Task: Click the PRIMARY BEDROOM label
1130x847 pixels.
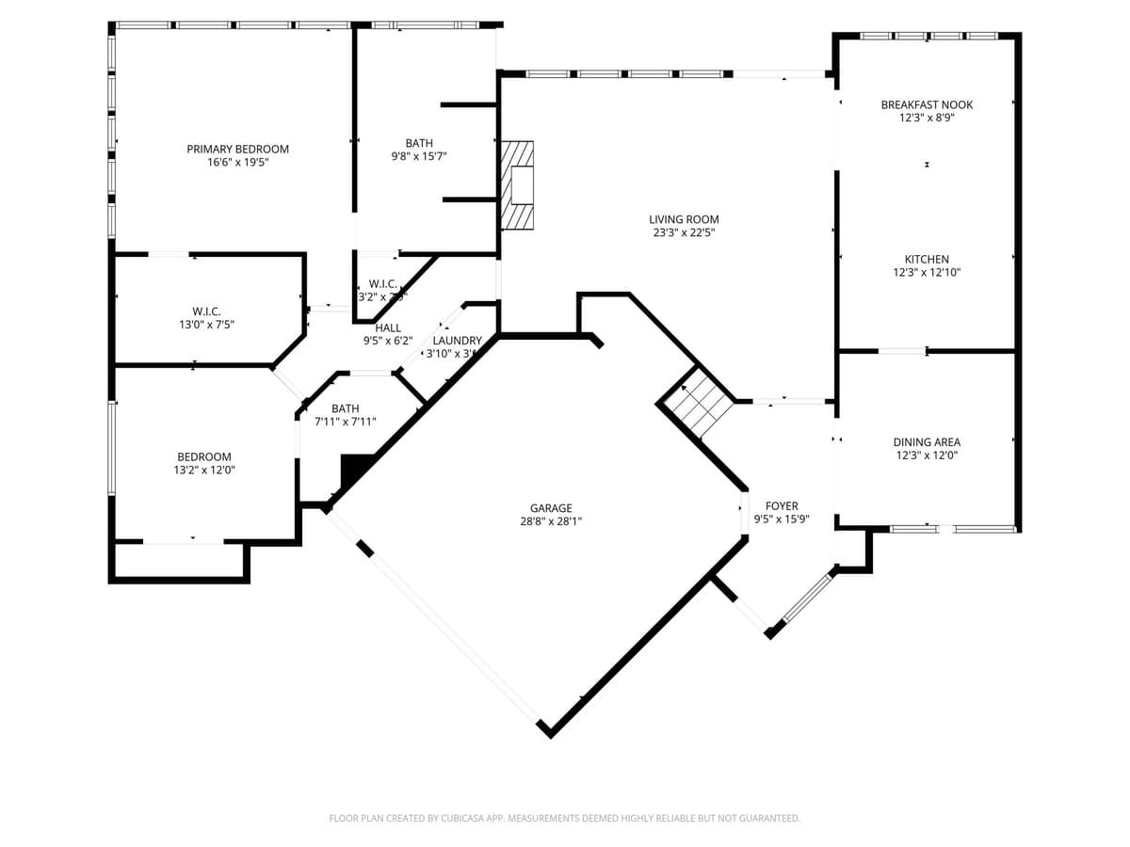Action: click(x=237, y=149)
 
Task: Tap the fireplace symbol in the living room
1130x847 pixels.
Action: click(x=517, y=185)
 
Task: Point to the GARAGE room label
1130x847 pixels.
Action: click(x=551, y=508)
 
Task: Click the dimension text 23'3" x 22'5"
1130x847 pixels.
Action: click(x=684, y=232)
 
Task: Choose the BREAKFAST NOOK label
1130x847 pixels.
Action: click(x=927, y=104)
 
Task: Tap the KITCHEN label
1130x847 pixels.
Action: click(x=927, y=259)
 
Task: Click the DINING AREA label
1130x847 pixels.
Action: click(x=927, y=441)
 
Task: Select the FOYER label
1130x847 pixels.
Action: click(x=782, y=505)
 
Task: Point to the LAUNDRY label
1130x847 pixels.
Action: click(x=458, y=341)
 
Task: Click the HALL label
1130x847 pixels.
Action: click(x=388, y=328)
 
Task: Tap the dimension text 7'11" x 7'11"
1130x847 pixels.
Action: click(x=346, y=422)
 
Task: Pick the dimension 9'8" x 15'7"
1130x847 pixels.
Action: click(x=419, y=156)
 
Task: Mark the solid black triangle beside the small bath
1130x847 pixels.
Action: click(x=353, y=469)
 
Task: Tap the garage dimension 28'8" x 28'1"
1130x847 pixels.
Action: click(x=551, y=521)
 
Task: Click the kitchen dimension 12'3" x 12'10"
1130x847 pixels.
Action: click(x=927, y=272)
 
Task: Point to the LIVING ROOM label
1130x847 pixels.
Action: click(x=684, y=219)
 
